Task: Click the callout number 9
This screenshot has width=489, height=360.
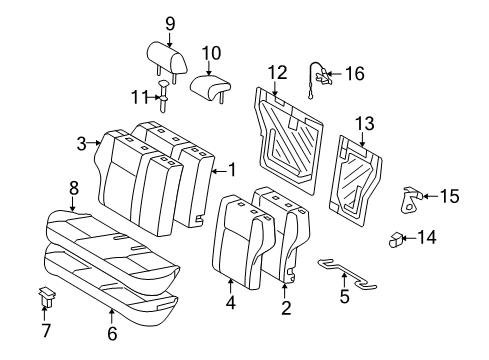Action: (x=169, y=23)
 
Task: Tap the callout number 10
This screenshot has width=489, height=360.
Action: (x=210, y=52)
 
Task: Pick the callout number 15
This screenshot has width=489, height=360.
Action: (x=449, y=196)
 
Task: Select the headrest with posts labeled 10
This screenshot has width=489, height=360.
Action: (x=211, y=87)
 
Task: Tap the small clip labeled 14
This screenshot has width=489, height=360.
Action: (x=397, y=239)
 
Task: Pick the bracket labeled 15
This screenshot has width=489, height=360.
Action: (x=410, y=199)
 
